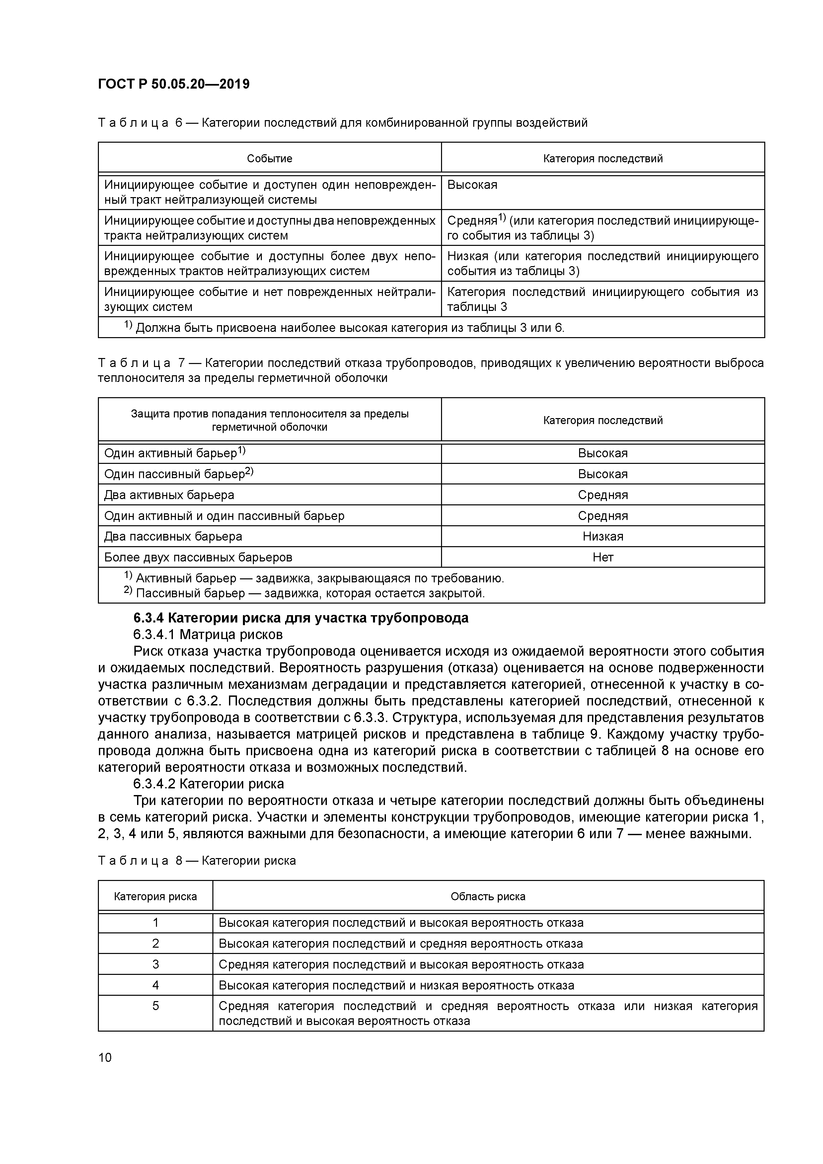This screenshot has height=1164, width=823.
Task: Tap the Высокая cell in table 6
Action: [x=472, y=184]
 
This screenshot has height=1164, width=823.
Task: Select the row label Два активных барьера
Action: [x=169, y=495]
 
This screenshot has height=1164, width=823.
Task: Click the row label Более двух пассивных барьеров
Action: [x=198, y=557]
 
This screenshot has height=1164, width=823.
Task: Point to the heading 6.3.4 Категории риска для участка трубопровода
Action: [x=301, y=618]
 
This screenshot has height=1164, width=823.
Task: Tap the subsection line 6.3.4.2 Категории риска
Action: [x=208, y=784]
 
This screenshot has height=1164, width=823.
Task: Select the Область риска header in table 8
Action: [x=488, y=896]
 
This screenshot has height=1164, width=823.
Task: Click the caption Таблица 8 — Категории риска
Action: [x=197, y=861]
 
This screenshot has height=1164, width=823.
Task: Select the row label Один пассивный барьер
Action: [x=178, y=474]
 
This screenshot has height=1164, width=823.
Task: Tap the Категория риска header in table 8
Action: [x=155, y=896]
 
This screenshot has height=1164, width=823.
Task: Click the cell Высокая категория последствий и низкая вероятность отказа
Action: [x=396, y=985]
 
